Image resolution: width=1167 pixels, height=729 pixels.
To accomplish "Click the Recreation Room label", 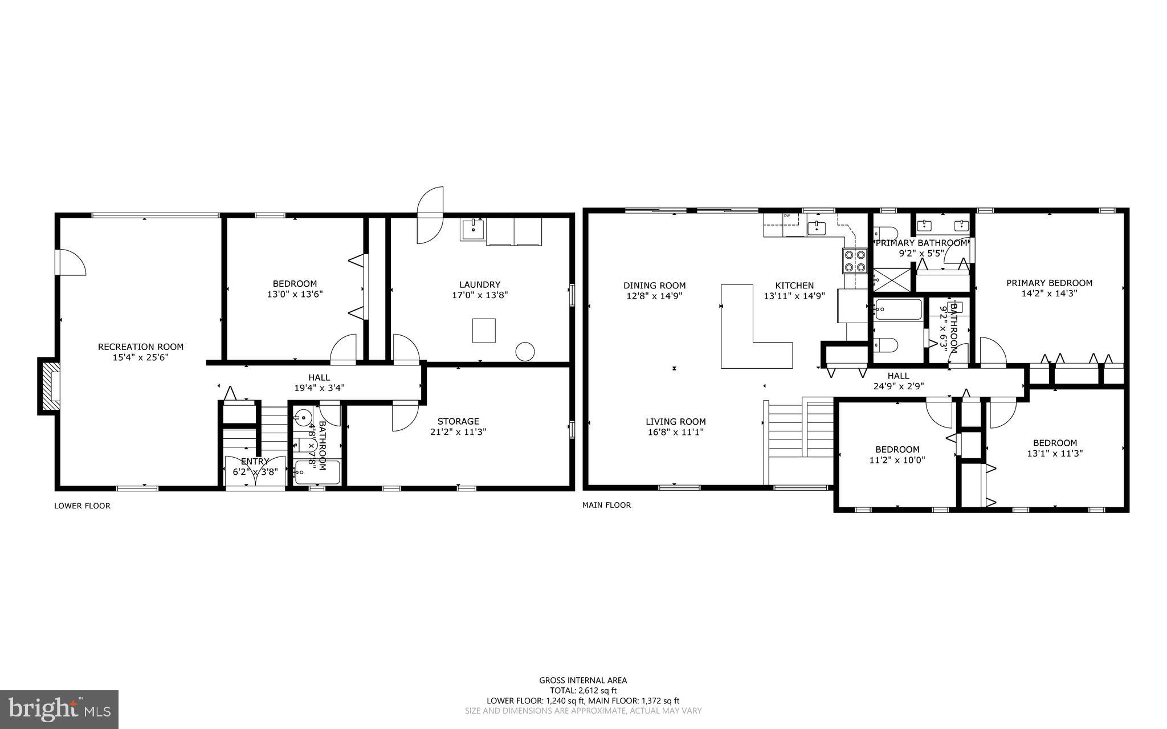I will (x=141, y=347).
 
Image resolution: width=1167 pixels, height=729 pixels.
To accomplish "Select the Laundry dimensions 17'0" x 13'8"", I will (x=479, y=295).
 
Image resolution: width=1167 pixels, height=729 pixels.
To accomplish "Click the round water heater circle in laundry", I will (x=524, y=351).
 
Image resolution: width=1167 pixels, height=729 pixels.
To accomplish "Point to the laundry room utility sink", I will (x=473, y=230).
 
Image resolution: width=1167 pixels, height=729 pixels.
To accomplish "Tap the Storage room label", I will (x=458, y=421).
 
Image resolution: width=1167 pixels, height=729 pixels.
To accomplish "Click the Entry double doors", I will (x=255, y=471).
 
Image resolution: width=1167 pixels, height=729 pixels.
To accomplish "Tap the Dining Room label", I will (x=654, y=286).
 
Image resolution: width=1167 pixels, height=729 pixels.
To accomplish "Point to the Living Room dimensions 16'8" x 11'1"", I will (x=675, y=432).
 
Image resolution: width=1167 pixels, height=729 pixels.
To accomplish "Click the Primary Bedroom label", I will (x=1049, y=283).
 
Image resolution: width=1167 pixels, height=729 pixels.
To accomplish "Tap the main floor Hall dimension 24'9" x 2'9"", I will (x=899, y=386).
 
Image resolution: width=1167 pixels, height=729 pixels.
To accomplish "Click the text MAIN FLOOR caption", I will (x=606, y=505).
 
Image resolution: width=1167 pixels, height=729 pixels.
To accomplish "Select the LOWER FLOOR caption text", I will (x=82, y=506).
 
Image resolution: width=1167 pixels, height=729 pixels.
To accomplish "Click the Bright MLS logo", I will (x=59, y=709).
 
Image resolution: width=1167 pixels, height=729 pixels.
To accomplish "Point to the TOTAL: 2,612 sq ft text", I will (x=583, y=690).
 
